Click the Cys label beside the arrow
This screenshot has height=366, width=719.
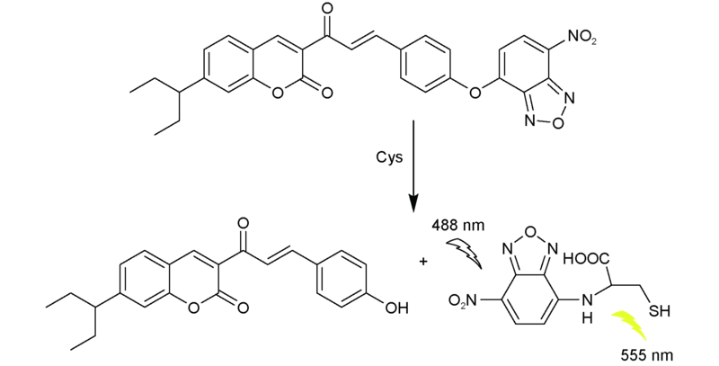389,157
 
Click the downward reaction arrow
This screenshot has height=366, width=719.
413,166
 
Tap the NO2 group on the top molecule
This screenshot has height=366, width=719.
581,37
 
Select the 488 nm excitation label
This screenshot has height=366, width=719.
458,226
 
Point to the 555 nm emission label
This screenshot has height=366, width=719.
647,355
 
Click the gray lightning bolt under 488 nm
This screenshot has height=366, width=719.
464,253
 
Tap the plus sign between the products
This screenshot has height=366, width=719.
422,262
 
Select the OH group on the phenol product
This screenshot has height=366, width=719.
396,308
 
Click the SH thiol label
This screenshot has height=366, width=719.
659,312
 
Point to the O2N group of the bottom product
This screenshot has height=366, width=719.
463,301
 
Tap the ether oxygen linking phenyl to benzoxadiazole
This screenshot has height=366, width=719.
475,94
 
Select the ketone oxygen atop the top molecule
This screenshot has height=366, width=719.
327,8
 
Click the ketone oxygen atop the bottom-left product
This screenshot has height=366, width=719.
244,223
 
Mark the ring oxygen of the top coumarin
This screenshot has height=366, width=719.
278,94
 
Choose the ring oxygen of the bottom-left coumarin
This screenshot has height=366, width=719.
194,308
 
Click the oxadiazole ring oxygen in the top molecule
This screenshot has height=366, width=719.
558,123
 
